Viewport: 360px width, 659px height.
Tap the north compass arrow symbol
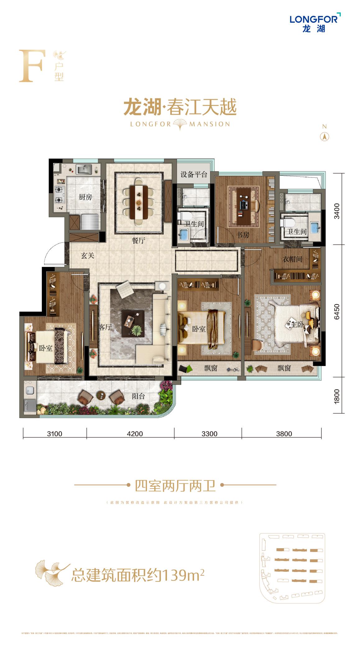[325, 137]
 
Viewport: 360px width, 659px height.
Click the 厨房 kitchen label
[85, 197]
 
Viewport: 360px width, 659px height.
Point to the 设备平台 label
[194, 174]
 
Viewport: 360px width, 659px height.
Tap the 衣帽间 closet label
[292, 259]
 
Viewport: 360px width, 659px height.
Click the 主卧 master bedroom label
[297, 325]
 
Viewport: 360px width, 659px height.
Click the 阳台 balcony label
[138, 397]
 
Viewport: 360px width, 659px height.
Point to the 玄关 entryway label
[87, 256]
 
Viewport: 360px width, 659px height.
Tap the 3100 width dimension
[55, 434]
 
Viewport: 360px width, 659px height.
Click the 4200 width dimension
[135, 434]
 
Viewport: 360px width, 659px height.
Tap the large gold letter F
[30, 66]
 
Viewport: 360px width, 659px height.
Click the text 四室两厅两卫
[175, 486]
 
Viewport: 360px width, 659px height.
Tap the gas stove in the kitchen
[59, 194]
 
